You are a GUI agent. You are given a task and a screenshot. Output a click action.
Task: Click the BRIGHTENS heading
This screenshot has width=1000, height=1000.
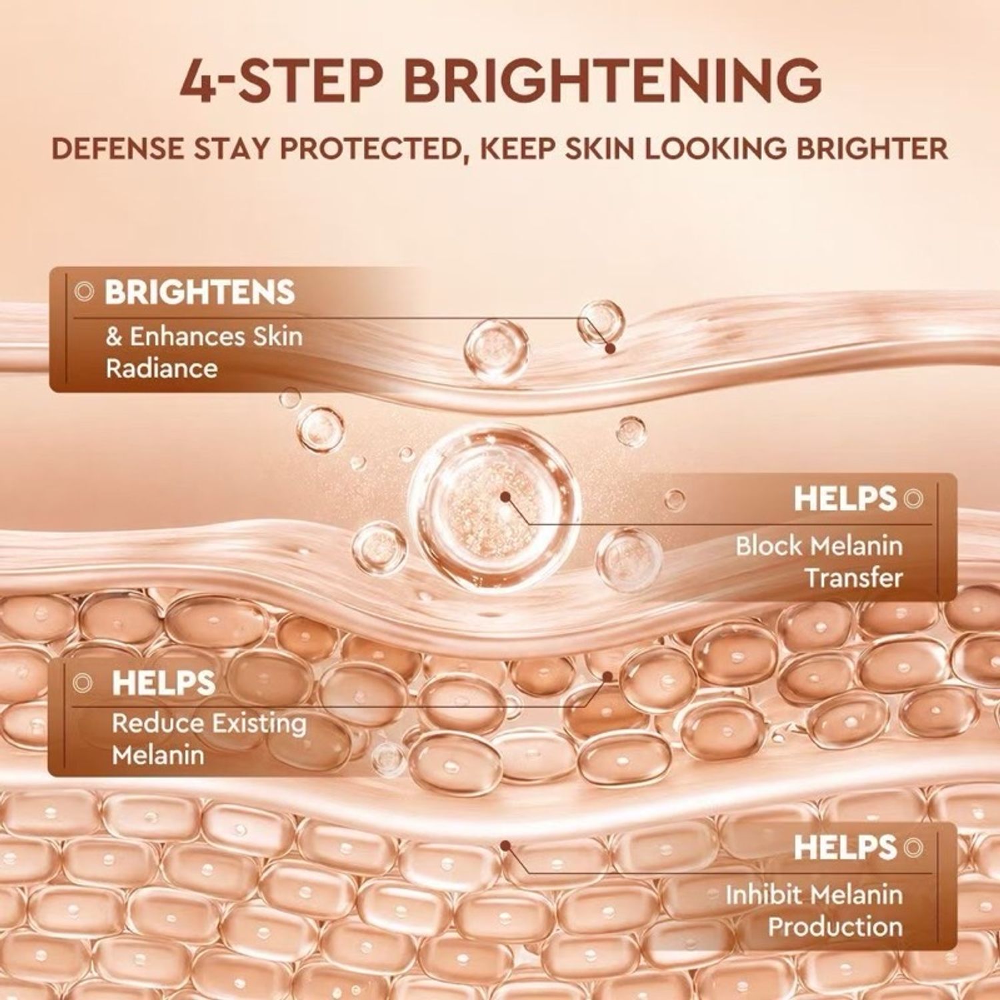coord(199,292)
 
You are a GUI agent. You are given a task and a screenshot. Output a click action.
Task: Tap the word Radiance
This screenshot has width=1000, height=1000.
coord(161,369)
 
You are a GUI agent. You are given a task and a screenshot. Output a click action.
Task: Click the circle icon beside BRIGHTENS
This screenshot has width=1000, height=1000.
coord(84,291)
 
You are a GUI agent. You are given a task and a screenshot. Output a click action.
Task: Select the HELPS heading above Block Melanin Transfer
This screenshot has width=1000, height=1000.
coord(845,499)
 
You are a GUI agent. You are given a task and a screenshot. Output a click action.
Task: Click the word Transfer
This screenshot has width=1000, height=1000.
coord(854,577)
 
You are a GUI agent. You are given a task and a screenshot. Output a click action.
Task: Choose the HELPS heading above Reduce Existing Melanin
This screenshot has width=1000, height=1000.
coord(163,683)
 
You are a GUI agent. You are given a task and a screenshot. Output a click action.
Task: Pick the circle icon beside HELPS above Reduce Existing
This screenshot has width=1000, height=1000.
coord(83,682)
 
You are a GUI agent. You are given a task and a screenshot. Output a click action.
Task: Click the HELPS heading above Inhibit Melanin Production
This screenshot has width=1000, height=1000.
coord(845,847)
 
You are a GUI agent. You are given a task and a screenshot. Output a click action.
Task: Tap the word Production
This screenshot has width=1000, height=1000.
coord(835,927)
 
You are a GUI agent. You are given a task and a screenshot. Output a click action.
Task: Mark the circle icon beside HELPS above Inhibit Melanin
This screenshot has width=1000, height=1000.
coord(913,847)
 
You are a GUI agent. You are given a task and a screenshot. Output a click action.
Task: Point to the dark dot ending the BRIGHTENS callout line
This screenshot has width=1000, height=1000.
coord(609,348)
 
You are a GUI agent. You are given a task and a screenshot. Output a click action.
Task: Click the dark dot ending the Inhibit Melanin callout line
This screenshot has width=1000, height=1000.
coord(506,846)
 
